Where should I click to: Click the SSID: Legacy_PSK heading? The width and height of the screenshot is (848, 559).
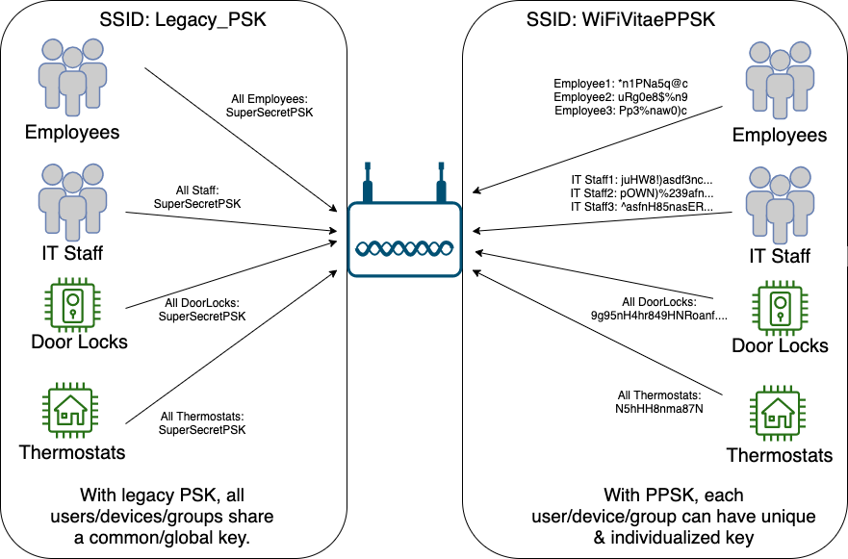pyautogui.click(x=183, y=19)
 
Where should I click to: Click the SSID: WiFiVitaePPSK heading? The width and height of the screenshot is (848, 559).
pyautogui.click(x=621, y=19)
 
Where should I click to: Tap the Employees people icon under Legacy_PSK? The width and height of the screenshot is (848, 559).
pyautogui.click(x=72, y=77)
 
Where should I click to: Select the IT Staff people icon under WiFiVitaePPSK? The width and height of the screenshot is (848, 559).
pyautogui.click(x=780, y=205)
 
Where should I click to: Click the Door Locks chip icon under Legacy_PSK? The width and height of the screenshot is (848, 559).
pyautogui.click(x=72, y=304)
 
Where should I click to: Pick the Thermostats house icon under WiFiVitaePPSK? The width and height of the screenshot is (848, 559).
pyautogui.click(x=778, y=414)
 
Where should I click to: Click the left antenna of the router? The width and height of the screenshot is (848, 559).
pyautogui.click(x=368, y=182)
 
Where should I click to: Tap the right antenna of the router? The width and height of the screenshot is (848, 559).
pyautogui.click(x=441, y=182)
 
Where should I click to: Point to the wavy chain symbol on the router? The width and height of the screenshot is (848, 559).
pyautogui.click(x=404, y=248)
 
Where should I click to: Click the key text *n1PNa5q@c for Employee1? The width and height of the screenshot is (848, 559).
pyautogui.click(x=653, y=84)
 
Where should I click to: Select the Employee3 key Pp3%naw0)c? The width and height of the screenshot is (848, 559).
pyautogui.click(x=653, y=111)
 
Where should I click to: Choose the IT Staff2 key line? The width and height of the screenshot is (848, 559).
pyautogui.click(x=642, y=193)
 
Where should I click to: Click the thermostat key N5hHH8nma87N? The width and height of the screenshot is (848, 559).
pyautogui.click(x=659, y=409)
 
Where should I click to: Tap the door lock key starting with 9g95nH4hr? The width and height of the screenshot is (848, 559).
pyautogui.click(x=659, y=316)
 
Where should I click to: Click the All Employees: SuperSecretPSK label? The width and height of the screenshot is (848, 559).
pyautogui.click(x=270, y=106)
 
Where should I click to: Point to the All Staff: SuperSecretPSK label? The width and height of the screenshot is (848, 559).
pyautogui.click(x=197, y=197)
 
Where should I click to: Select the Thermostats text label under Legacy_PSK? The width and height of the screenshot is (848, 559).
pyautogui.click(x=72, y=452)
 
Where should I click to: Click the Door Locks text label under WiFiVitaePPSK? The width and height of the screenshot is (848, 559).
pyautogui.click(x=780, y=345)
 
